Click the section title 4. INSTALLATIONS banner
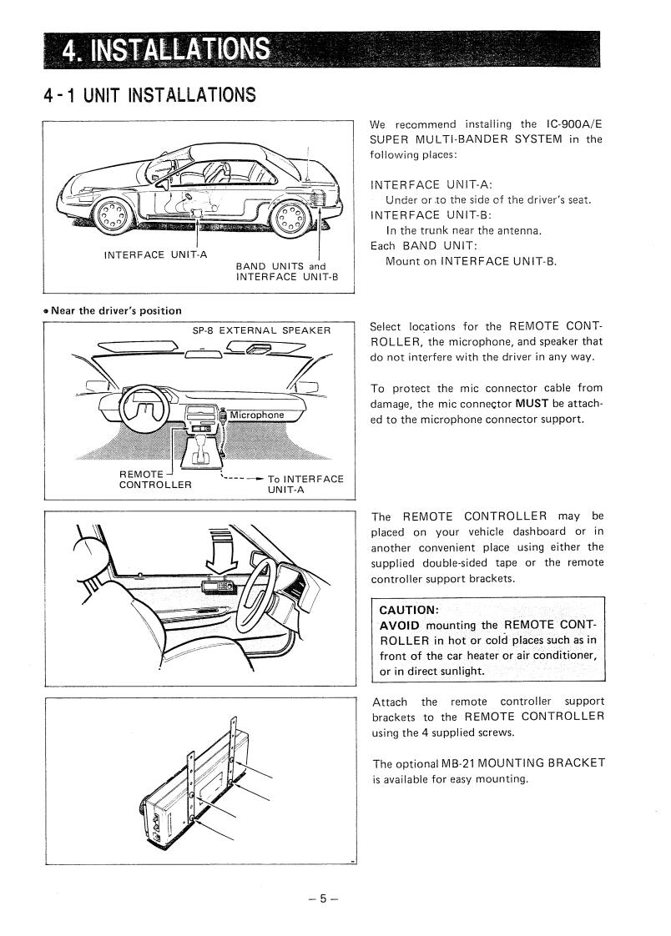point(167,51)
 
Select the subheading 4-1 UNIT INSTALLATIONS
point(149,94)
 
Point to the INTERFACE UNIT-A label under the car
point(155,254)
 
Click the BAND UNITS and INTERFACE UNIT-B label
point(286,272)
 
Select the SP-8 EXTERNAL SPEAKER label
point(262,330)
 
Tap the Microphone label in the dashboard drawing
point(257,415)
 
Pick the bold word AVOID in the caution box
point(401,626)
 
